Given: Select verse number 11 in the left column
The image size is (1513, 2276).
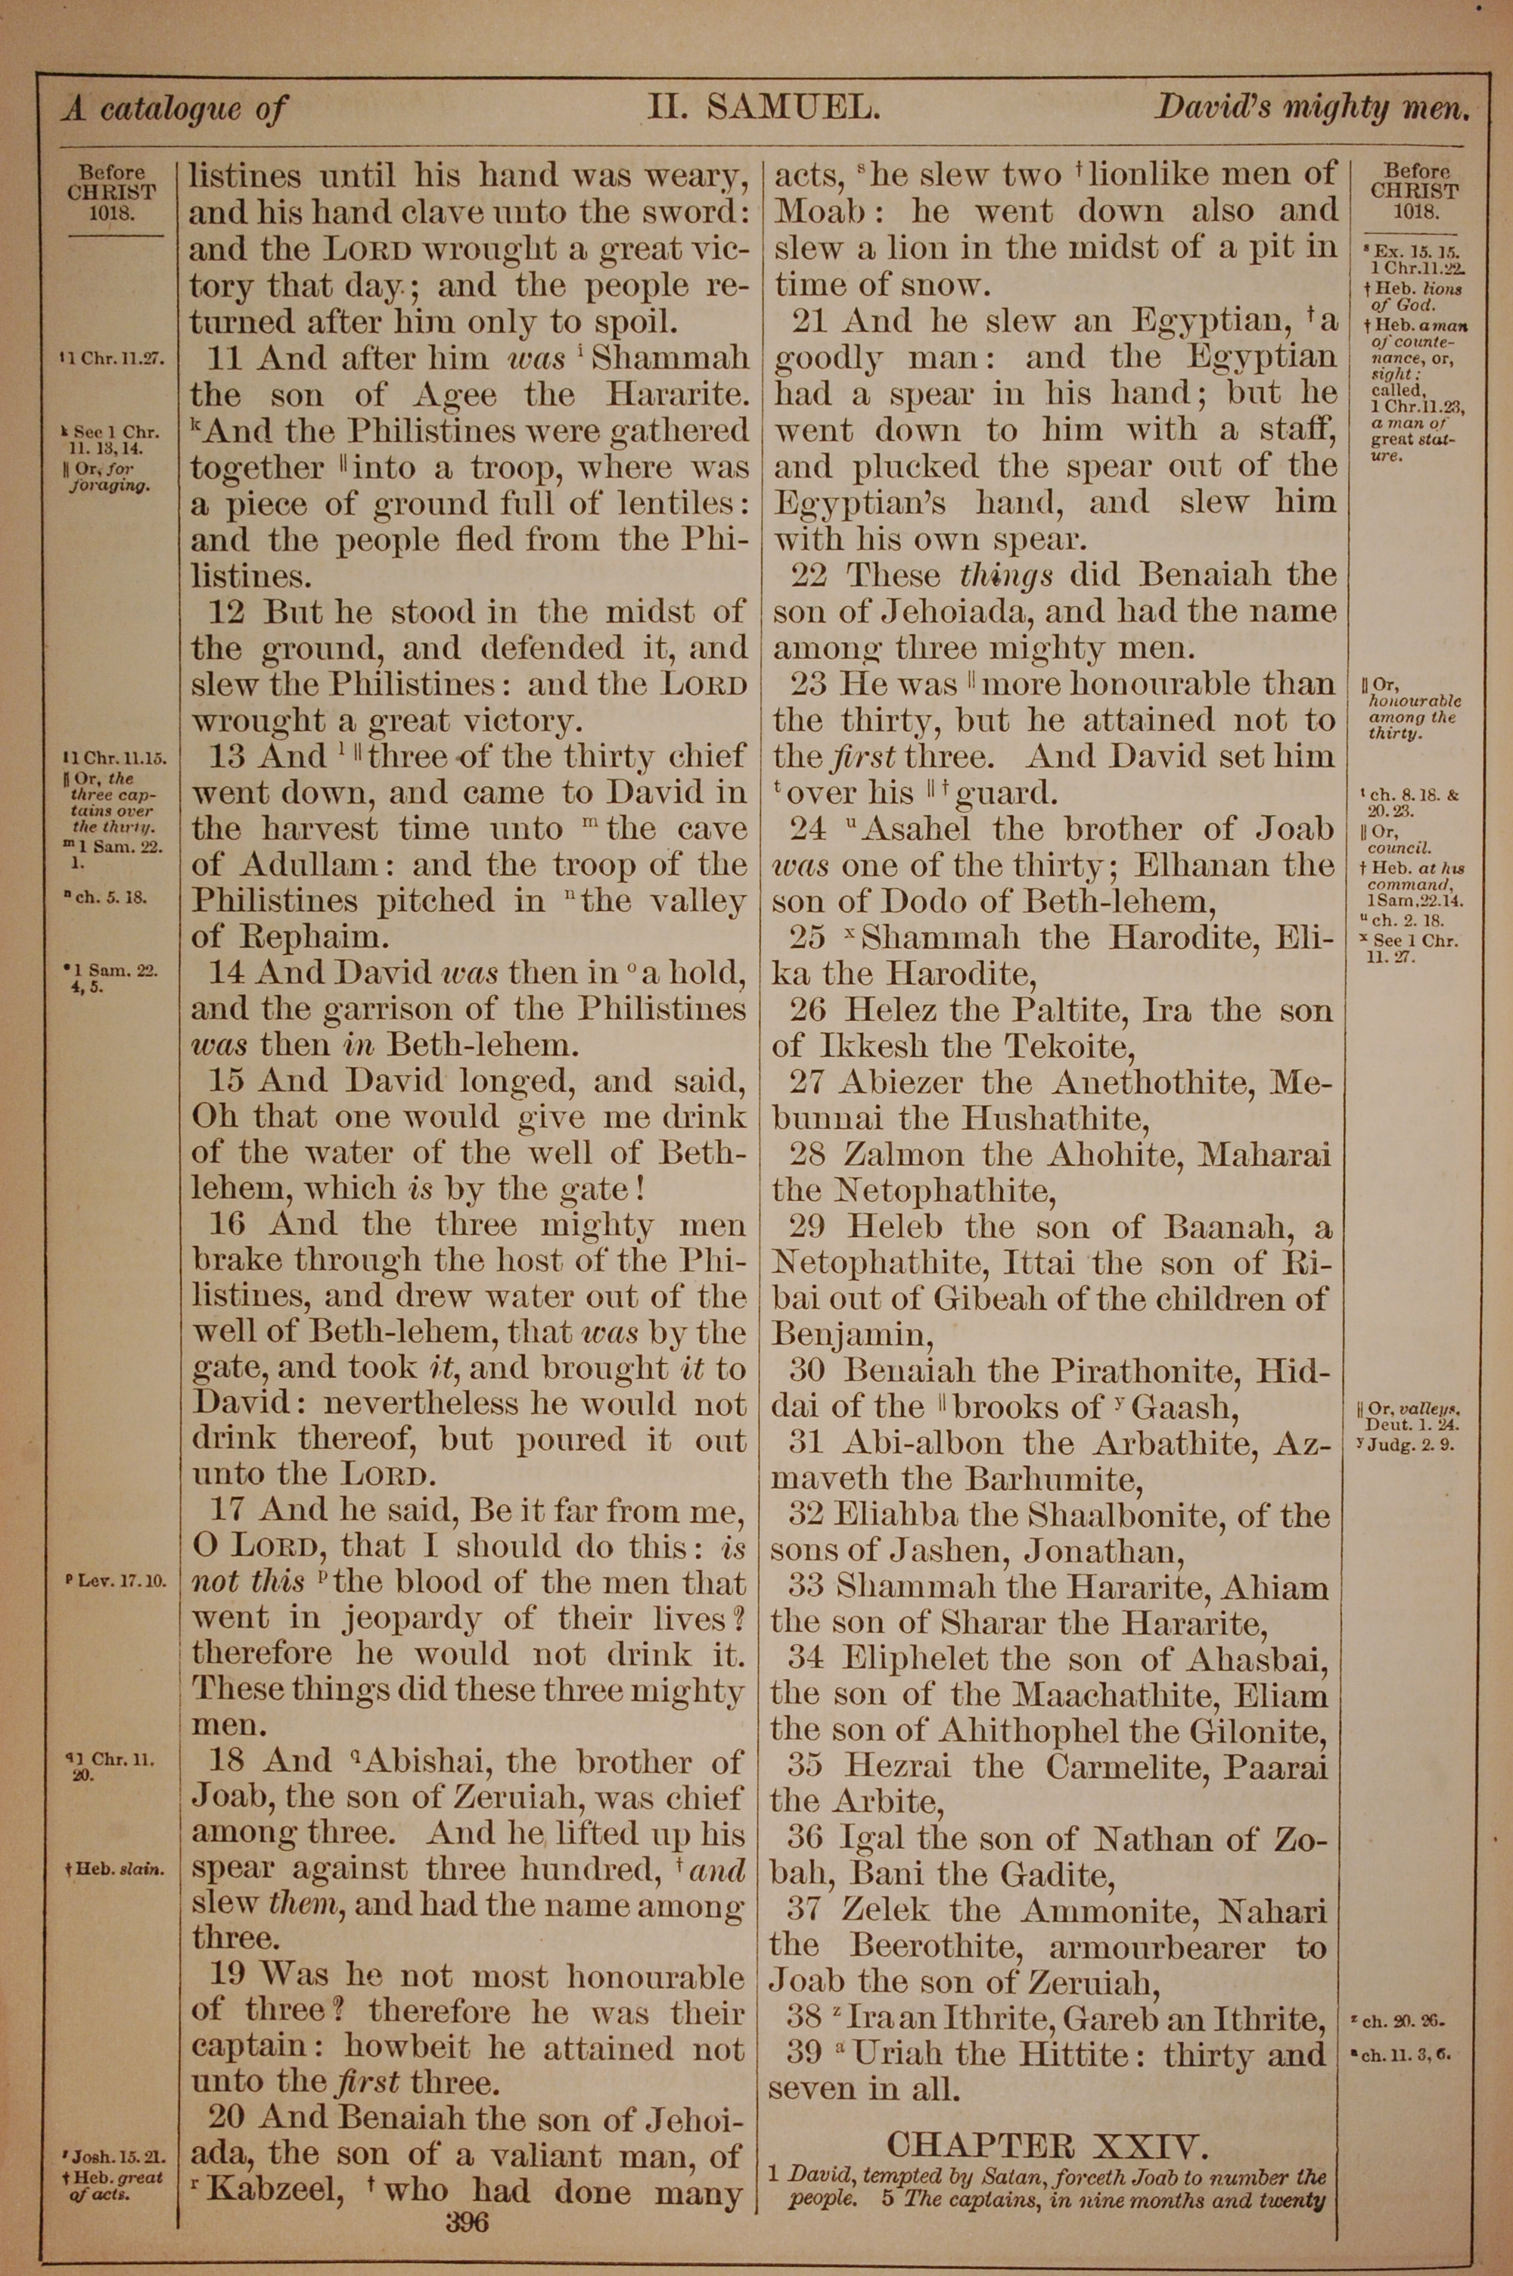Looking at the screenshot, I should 224,359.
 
